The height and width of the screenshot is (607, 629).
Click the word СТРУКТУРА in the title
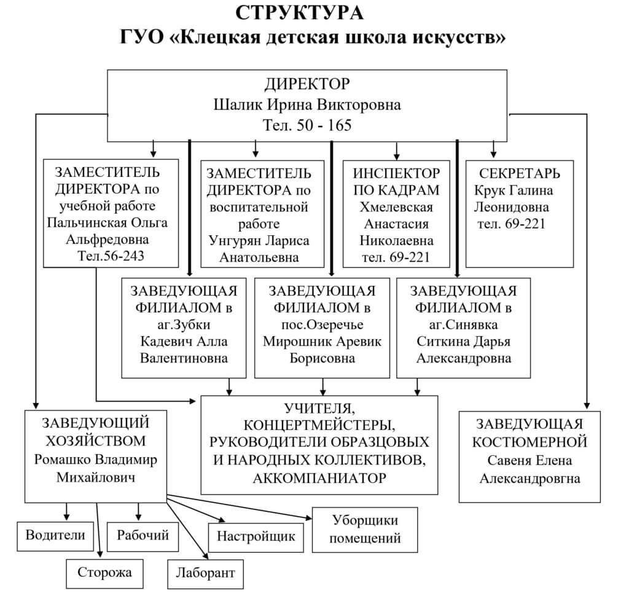point(300,13)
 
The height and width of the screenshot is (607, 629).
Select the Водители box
point(55,535)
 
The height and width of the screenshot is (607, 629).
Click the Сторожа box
point(105,573)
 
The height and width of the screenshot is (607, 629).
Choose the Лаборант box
point(205,573)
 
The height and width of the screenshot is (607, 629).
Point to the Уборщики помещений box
point(365,529)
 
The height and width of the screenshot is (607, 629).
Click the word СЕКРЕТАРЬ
point(520,173)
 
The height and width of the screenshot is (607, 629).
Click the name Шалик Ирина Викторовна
point(307,105)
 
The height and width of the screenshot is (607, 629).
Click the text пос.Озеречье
point(322,324)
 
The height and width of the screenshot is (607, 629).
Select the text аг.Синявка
point(463,324)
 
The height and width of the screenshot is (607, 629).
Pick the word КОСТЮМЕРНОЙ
point(529,442)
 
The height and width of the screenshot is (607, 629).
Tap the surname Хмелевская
point(396,206)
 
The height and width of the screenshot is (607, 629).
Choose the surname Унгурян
point(235,240)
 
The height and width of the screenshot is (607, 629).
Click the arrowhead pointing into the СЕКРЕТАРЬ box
point(493,153)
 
